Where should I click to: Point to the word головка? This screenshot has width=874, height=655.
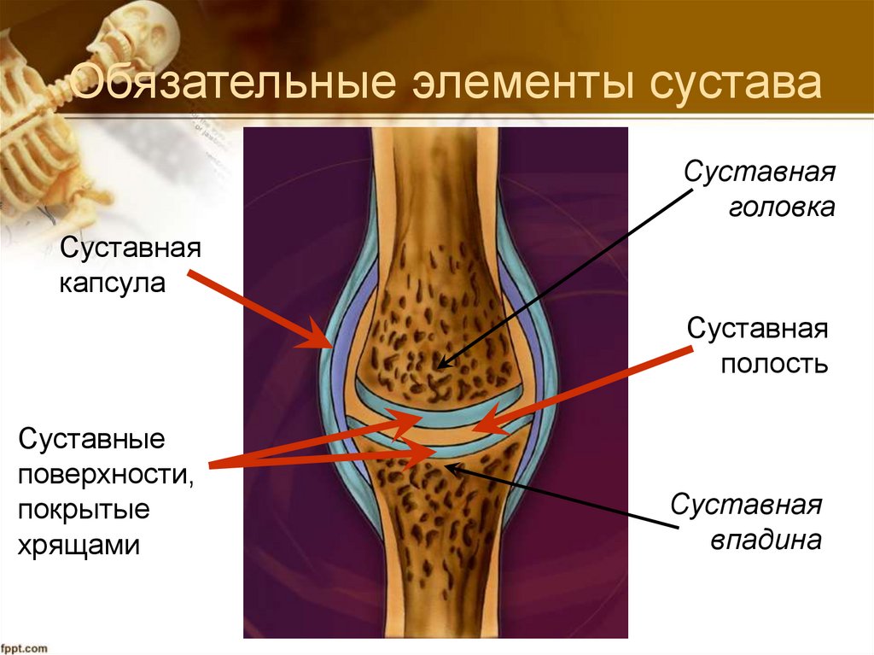tap(781, 208)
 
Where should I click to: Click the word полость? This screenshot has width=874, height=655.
tap(774, 365)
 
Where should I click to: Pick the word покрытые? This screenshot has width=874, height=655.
tap(84, 511)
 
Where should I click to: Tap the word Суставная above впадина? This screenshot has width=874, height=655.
tap(746, 505)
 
